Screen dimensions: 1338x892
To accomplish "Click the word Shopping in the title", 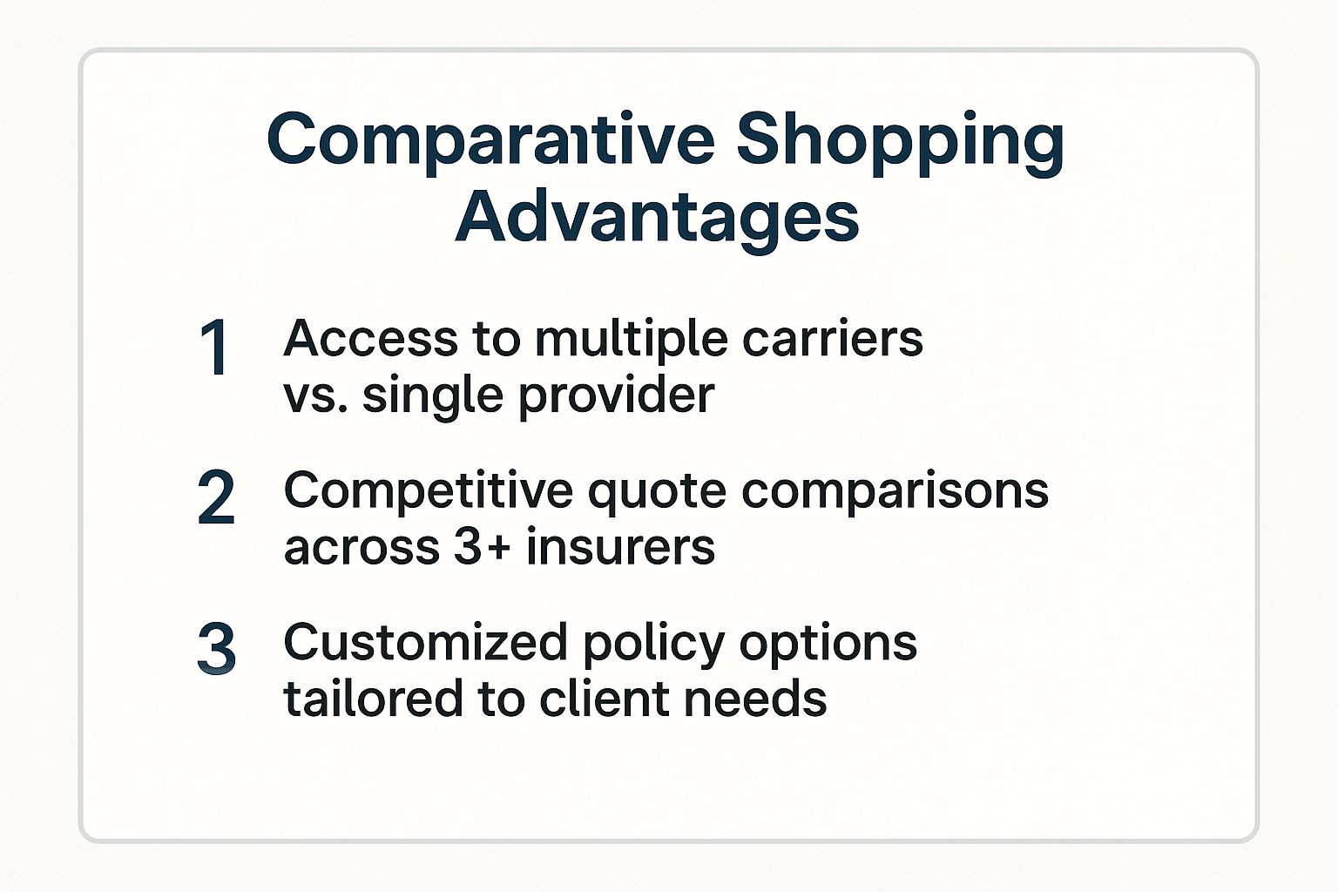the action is pyautogui.click(x=900, y=144).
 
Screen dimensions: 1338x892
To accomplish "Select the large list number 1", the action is pyautogui.click(x=213, y=347).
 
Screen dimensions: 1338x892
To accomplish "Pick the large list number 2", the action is pyautogui.click(x=216, y=497).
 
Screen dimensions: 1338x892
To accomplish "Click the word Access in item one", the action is pyautogui.click(x=370, y=339).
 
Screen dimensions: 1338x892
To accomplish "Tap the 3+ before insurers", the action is pyautogui.click(x=482, y=548).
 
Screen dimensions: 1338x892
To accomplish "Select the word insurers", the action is pyautogui.click(x=620, y=547).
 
